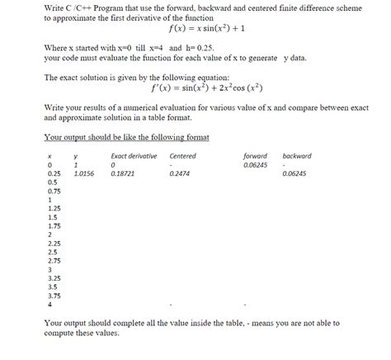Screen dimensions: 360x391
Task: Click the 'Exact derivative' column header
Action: (x=133, y=155)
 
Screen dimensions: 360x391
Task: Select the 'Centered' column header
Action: (x=181, y=155)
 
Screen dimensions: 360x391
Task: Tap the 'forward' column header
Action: (x=255, y=155)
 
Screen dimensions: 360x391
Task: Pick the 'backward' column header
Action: (x=296, y=155)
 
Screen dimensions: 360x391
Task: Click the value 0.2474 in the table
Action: (x=179, y=174)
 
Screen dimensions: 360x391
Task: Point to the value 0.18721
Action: (x=123, y=174)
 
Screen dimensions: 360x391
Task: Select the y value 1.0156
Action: (x=83, y=174)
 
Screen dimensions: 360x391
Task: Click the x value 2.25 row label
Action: (x=54, y=244)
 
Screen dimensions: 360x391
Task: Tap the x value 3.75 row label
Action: (x=54, y=295)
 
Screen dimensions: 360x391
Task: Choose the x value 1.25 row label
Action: (x=54, y=209)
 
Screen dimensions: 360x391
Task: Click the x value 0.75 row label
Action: (x=54, y=192)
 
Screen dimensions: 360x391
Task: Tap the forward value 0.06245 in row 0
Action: (x=255, y=165)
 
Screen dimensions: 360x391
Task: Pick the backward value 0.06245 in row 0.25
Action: (x=294, y=174)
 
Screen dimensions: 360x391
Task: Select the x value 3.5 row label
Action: (x=53, y=286)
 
